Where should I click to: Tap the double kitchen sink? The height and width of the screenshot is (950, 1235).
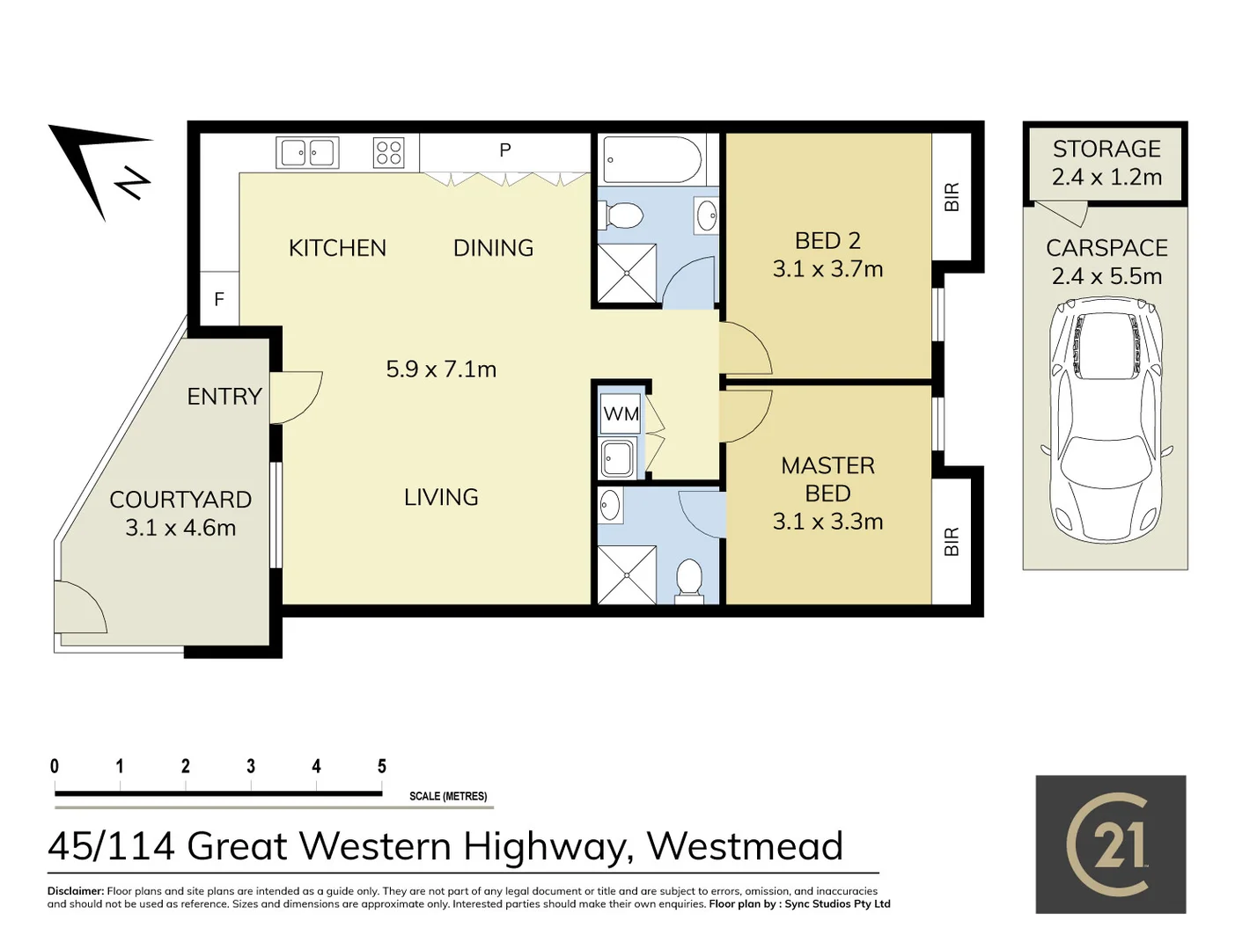point(307,152)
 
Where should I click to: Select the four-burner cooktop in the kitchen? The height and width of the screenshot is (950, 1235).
point(389,152)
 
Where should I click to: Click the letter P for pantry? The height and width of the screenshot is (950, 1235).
point(504,150)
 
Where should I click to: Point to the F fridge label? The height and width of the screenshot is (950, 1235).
point(219,299)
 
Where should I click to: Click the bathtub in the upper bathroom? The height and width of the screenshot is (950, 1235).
point(653,159)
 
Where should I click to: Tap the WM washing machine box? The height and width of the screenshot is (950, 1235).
point(621,414)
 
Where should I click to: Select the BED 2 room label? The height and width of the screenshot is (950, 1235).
point(827,241)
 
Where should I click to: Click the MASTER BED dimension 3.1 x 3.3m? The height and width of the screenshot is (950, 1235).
point(827,522)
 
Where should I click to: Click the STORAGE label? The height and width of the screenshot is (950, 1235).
point(1106,149)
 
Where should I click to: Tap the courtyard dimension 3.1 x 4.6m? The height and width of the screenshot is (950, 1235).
point(180,528)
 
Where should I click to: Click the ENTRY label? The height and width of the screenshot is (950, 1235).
point(224,397)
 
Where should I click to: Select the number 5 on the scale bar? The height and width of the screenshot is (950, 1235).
point(382,766)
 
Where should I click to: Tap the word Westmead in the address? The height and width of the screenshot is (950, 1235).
point(745,846)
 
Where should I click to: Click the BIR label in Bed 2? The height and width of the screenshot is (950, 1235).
point(952,197)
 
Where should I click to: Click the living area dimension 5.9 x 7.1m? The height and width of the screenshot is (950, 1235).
point(441,369)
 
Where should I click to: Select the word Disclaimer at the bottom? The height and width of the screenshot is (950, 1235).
point(76,892)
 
